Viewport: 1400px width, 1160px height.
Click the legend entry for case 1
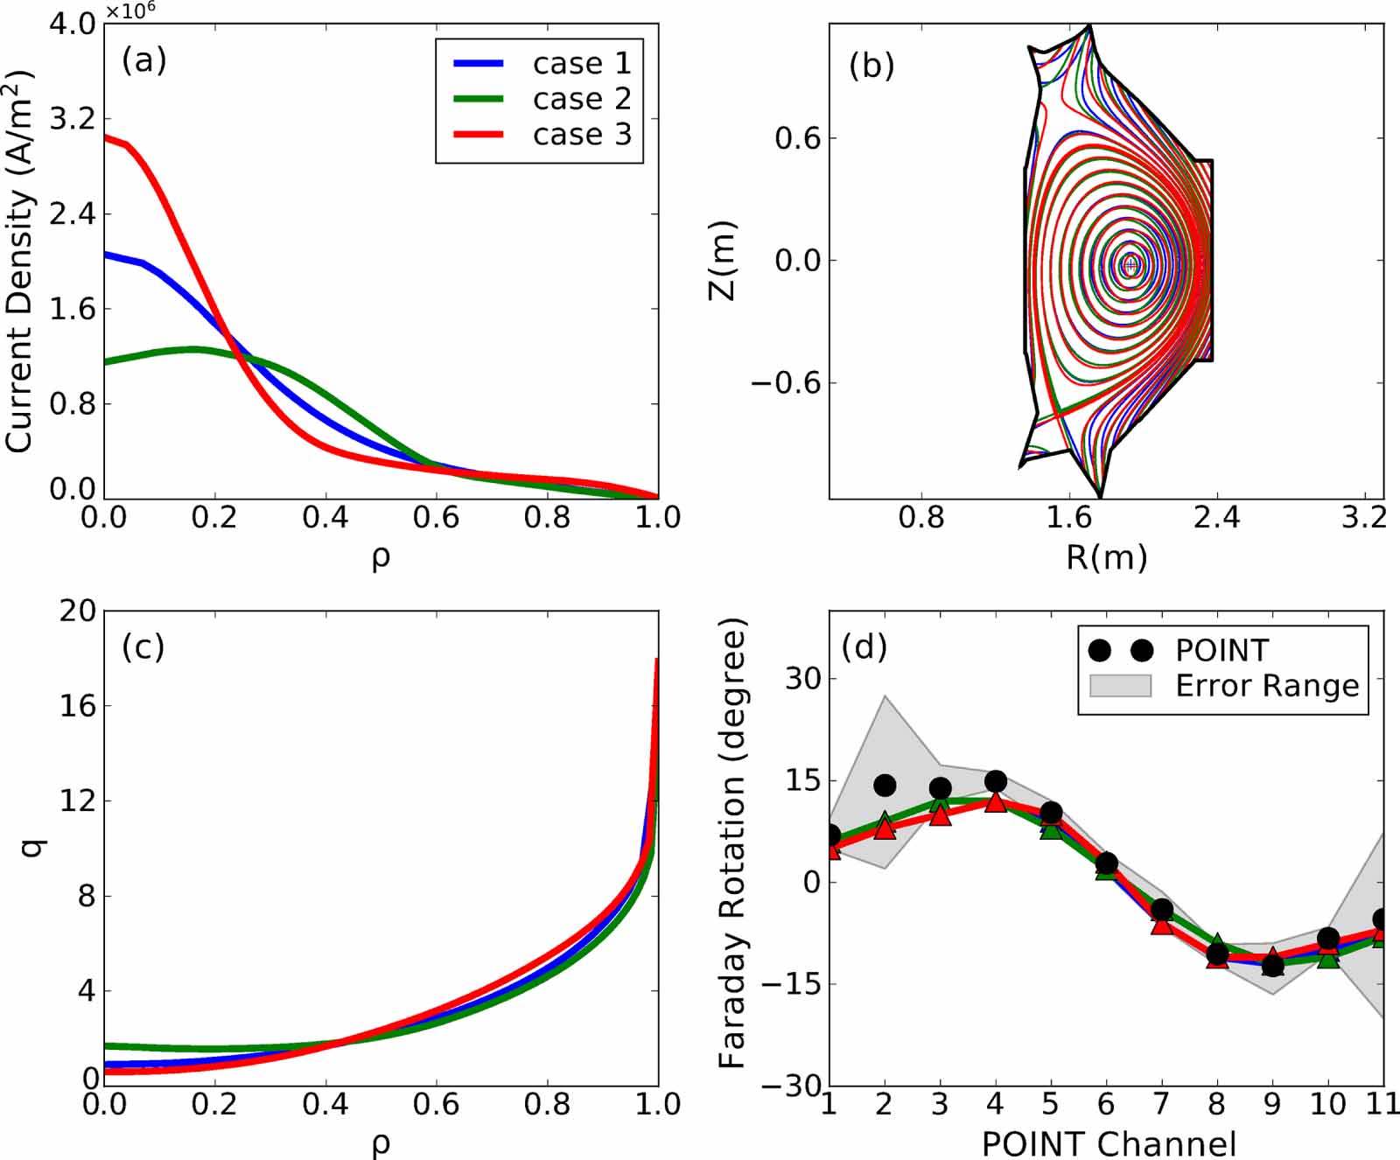coord(581,63)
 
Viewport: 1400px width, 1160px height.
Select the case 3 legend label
coord(581,135)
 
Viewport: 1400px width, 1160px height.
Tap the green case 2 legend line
coord(478,99)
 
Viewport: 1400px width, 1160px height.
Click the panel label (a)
coord(143,60)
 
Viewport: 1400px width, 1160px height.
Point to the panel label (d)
coord(864,646)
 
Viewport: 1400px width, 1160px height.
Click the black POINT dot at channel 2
coord(885,785)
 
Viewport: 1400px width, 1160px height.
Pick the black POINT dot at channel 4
coord(996,781)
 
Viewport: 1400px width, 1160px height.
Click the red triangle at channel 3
coord(940,815)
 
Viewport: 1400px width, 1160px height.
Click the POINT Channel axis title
coord(1108,1143)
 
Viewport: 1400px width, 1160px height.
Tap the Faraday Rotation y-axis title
coord(731,843)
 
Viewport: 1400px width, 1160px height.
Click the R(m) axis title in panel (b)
coord(1106,557)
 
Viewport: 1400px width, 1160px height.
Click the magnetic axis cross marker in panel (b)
coord(1130,264)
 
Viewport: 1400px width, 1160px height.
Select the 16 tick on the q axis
coord(77,706)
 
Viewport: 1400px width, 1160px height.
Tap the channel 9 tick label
coord(1272,1105)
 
